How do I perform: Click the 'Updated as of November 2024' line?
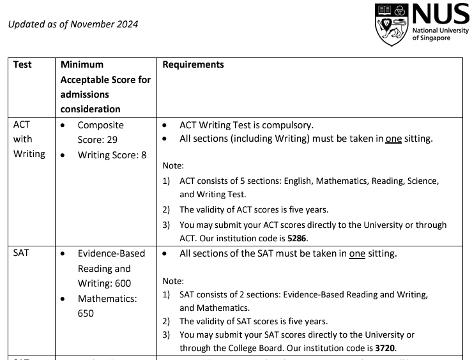pos(73,24)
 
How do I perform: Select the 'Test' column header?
pos(22,64)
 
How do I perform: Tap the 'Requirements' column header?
pos(194,64)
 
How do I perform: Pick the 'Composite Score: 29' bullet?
pos(100,132)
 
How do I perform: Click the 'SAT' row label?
pos(21,253)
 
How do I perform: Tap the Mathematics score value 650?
pos(86,313)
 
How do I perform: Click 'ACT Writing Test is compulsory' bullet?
pos(247,125)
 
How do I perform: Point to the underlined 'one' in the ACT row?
pos(393,139)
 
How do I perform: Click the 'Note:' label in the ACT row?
pos(173,165)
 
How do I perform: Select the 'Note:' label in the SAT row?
pos(173,281)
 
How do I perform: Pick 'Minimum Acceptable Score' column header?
pos(105,87)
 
